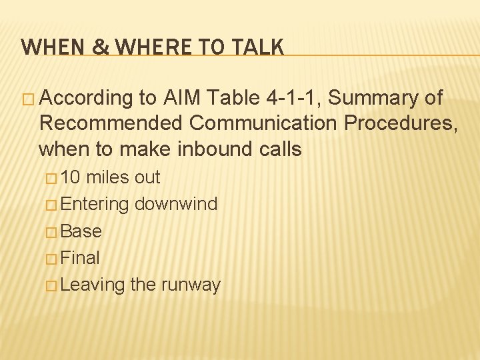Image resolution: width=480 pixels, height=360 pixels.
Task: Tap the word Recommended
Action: [x=111, y=123]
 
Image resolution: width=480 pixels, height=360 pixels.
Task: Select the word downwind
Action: [x=175, y=204]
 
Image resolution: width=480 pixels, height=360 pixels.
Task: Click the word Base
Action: [x=81, y=231]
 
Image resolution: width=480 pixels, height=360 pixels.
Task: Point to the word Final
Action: [x=79, y=258]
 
